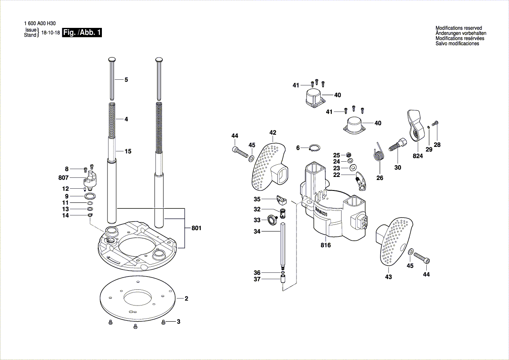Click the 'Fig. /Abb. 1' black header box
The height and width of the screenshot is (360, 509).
[82, 33]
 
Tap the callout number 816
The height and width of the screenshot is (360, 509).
[326, 245]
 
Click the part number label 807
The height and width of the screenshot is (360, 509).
[64, 178]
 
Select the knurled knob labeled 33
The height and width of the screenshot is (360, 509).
[273, 219]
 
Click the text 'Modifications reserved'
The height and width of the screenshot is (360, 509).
[458, 28]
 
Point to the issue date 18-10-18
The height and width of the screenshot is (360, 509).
[51, 33]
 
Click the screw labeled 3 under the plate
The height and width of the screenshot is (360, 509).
[164, 322]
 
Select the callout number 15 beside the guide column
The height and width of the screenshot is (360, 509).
[128, 152]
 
